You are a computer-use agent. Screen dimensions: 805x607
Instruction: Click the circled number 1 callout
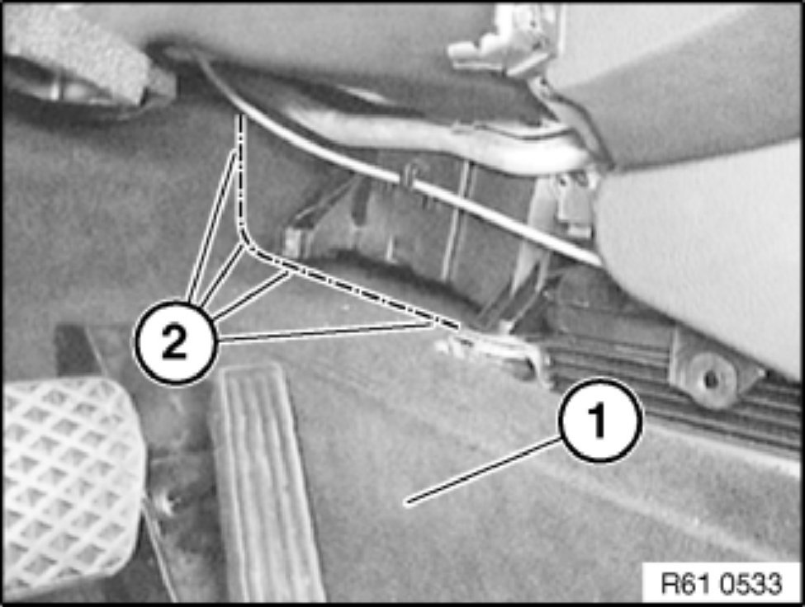point(600,420)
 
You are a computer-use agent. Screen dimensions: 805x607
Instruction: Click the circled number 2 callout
point(176,342)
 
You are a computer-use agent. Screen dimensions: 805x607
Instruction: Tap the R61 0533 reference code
point(721,583)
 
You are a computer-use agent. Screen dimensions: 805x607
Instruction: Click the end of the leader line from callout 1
point(406,503)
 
